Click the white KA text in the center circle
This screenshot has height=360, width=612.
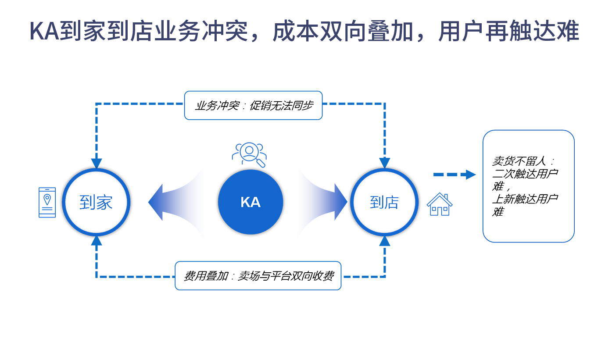(x=251, y=202)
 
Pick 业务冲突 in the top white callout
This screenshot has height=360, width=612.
(x=213, y=106)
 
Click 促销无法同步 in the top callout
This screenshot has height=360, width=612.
(x=281, y=106)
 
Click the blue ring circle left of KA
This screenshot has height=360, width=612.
(x=96, y=202)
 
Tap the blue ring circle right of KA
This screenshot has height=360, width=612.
(x=383, y=202)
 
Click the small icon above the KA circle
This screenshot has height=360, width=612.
(x=251, y=155)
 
